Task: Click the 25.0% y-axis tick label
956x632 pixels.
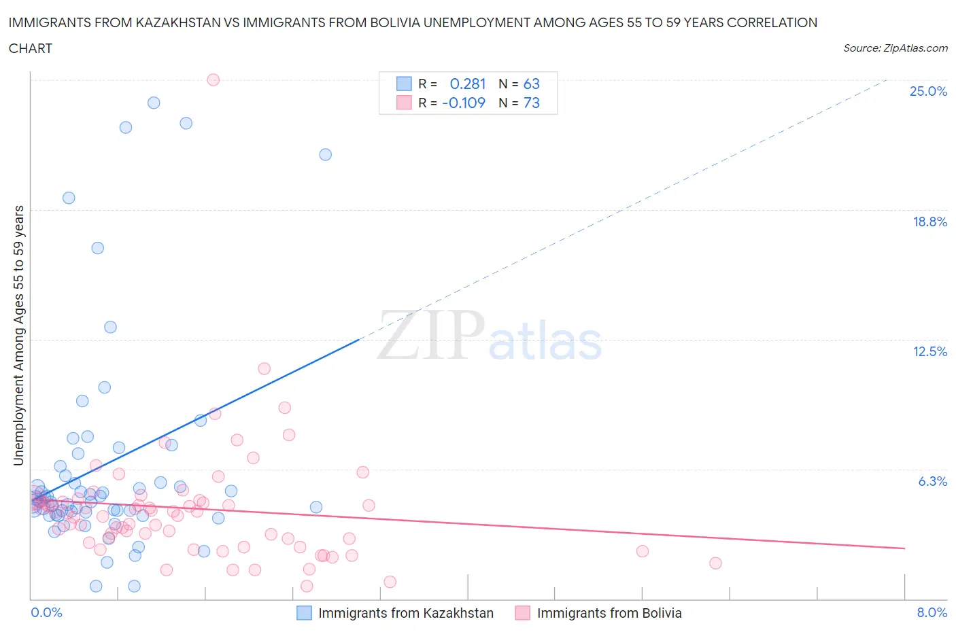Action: pyautogui.click(x=928, y=91)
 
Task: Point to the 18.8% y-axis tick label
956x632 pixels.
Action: pyautogui.click(x=929, y=222)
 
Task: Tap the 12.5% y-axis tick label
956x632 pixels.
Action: pyautogui.click(x=929, y=351)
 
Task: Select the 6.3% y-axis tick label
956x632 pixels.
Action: pyautogui.click(x=932, y=481)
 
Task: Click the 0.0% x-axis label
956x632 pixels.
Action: pyautogui.click(x=46, y=612)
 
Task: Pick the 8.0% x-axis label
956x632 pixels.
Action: pyautogui.click(x=932, y=612)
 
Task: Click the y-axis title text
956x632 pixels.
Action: pyautogui.click(x=19, y=336)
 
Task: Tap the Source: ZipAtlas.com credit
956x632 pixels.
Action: pyautogui.click(x=895, y=48)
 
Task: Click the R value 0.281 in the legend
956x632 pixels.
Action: pyautogui.click(x=468, y=84)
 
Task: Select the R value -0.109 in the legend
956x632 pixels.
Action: pyautogui.click(x=464, y=103)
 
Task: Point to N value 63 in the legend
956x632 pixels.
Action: pyautogui.click(x=531, y=84)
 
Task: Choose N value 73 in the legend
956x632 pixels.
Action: pyautogui.click(x=531, y=103)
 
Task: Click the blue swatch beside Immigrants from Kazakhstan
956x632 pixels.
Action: pyautogui.click(x=304, y=613)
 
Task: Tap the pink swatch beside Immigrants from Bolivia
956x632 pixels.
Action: pyautogui.click(x=522, y=613)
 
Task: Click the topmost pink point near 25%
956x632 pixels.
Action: pyautogui.click(x=213, y=80)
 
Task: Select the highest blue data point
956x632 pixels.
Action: pyautogui.click(x=154, y=103)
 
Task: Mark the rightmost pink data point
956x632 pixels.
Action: pyautogui.click(x=715, y=563)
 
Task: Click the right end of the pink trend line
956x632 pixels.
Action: pyautogui.click(x=904, y=548)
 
